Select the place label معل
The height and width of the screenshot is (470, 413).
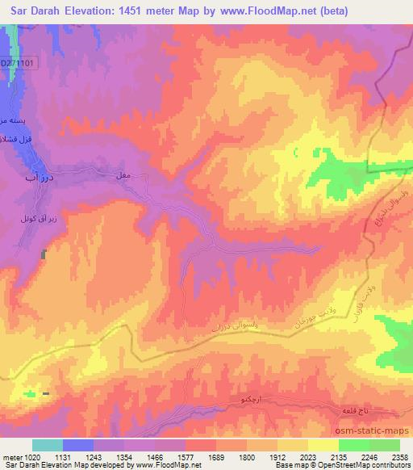(123, 176)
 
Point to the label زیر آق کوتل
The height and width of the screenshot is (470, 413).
(27, 219)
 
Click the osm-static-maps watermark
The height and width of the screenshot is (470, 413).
(378, 431)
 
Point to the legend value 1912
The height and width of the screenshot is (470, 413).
(278, 456)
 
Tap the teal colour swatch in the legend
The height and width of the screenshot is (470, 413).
(48, 445)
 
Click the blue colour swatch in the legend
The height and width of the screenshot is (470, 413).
(78, 445)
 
